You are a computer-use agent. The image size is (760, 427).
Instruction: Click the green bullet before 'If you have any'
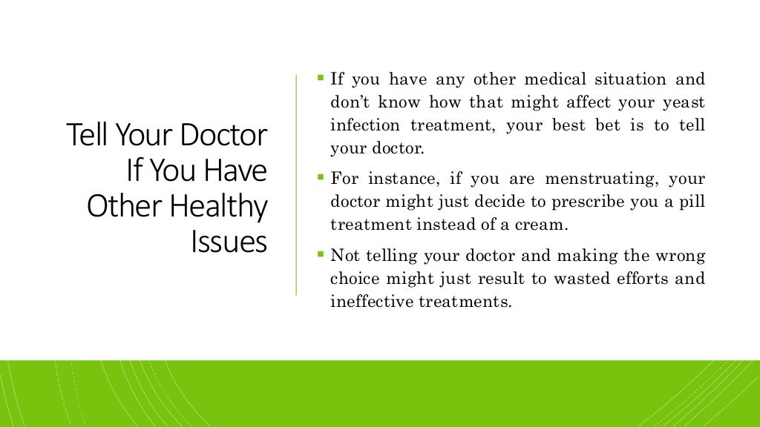point(321,77)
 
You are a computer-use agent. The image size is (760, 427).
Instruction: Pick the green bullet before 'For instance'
point(321,177)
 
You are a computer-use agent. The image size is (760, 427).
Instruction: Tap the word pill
point(693,202)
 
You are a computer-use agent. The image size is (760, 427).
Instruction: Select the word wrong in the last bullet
point(680,256)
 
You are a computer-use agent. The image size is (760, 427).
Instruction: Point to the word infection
point(361,125)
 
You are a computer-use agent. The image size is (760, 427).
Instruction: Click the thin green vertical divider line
point(296,185)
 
